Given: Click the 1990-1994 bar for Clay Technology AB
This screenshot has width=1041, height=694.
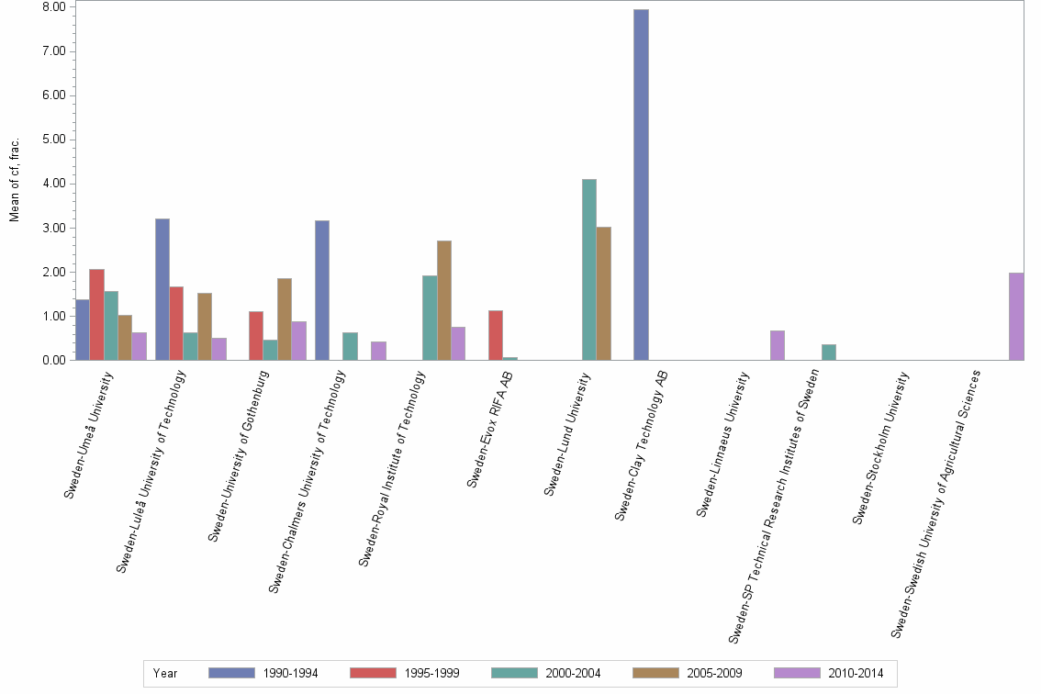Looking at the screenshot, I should (x=641, y=185).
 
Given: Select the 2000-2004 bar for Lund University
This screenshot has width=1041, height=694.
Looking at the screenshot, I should (x=589, y=270).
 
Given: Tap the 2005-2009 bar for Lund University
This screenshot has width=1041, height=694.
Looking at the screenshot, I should (x=603, y=294).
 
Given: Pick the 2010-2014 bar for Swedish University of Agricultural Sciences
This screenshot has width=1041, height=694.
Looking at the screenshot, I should (x=1015, y=317).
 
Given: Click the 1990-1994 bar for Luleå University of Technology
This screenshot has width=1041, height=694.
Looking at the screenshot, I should (x=162, y=289).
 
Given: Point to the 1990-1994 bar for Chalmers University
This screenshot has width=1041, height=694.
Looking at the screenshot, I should (x=321, y=290).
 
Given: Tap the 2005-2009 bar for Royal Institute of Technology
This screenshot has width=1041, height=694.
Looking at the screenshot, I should (x=444, y=300).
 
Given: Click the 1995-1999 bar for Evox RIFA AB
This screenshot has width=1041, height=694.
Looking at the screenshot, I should (x=496, y=335).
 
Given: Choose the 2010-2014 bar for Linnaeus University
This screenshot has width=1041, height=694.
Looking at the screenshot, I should (x=777, y=345).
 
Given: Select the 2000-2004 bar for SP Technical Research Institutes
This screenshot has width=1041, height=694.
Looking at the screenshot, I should (x=828, y=353).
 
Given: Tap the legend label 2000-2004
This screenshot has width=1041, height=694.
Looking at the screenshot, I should (x=574, y=673).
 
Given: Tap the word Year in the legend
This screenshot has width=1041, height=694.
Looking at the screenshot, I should (x=165, y=673).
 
